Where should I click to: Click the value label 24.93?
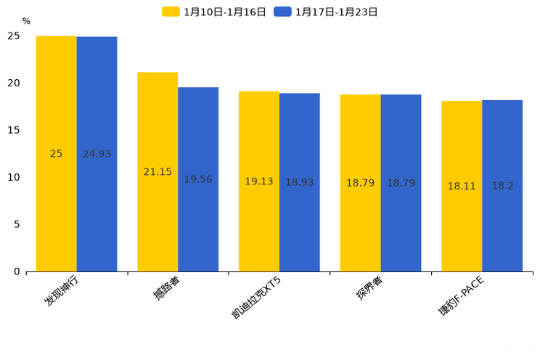(x=97, y=154)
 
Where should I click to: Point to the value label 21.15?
(x=157, y=172)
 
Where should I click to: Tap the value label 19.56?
(x=198, y=179)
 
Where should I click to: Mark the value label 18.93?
(x=299, y=182)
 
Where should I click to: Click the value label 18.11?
(x=462, y=186)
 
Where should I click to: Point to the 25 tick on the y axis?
(x=14, y=36)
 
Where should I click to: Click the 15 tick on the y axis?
(x=14, y=130)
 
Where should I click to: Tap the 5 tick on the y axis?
(x=17, y=224)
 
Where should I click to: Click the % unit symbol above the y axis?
(x=26, y=22)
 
